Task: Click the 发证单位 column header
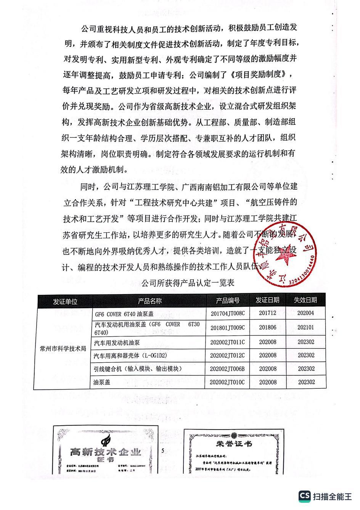coord(65,301)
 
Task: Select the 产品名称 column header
coord(149,301)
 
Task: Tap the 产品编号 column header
coord(228,301)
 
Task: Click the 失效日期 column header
coord(305,300)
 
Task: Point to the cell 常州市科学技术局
coord(63,349)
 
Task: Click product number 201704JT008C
coord(227,314)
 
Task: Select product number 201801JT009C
coord(227,328)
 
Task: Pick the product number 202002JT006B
coord(227,369)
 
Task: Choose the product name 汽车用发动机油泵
coord(117,343)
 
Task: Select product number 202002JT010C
coord(227,382)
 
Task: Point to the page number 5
coord(163,451)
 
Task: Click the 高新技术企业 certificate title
coord(106,452)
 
